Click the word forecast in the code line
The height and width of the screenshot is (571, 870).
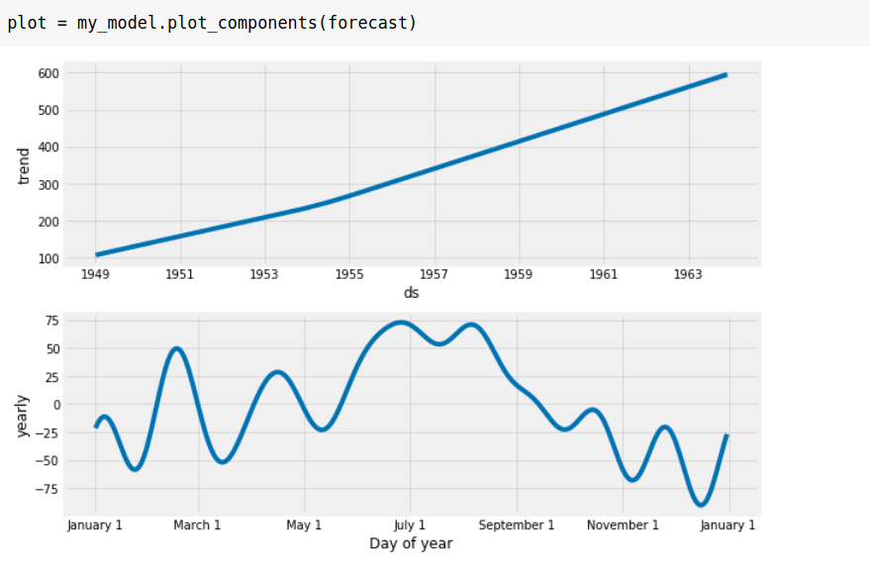pos(369,22)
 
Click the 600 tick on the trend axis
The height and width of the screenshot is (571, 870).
pos(49,73)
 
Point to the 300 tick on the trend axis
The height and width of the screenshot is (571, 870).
pos(49,185)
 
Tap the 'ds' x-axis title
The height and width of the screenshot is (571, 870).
pos(411,292)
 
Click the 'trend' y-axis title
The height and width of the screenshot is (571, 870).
pos(24,165)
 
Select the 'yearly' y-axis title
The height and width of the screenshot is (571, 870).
pos(24,417)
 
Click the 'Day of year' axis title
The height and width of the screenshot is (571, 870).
pos(411,543)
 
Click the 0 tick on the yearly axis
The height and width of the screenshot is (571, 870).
pos(56,405)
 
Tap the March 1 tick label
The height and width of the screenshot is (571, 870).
pos(198,524)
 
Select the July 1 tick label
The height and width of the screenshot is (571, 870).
pos(410,524)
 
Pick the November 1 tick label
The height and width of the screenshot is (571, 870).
pos(623,524)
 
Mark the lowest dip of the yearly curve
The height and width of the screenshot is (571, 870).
pos(701,505)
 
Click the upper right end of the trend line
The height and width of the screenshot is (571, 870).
pos(725,74)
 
